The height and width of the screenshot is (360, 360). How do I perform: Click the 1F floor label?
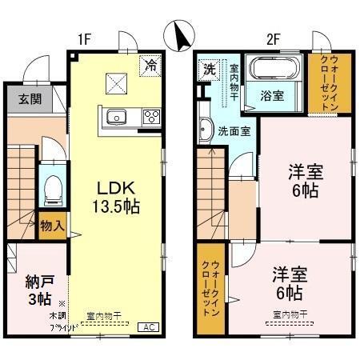point(86,37)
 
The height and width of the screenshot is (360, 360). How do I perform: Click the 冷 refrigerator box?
point(150,66)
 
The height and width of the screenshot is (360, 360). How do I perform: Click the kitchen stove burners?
point(151,118)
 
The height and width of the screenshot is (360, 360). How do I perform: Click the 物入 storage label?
point(52,226)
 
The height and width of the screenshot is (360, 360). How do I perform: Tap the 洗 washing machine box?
point(208,68)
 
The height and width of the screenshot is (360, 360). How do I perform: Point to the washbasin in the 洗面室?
point(205,130)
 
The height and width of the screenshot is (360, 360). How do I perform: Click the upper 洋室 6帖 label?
point(304,180)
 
